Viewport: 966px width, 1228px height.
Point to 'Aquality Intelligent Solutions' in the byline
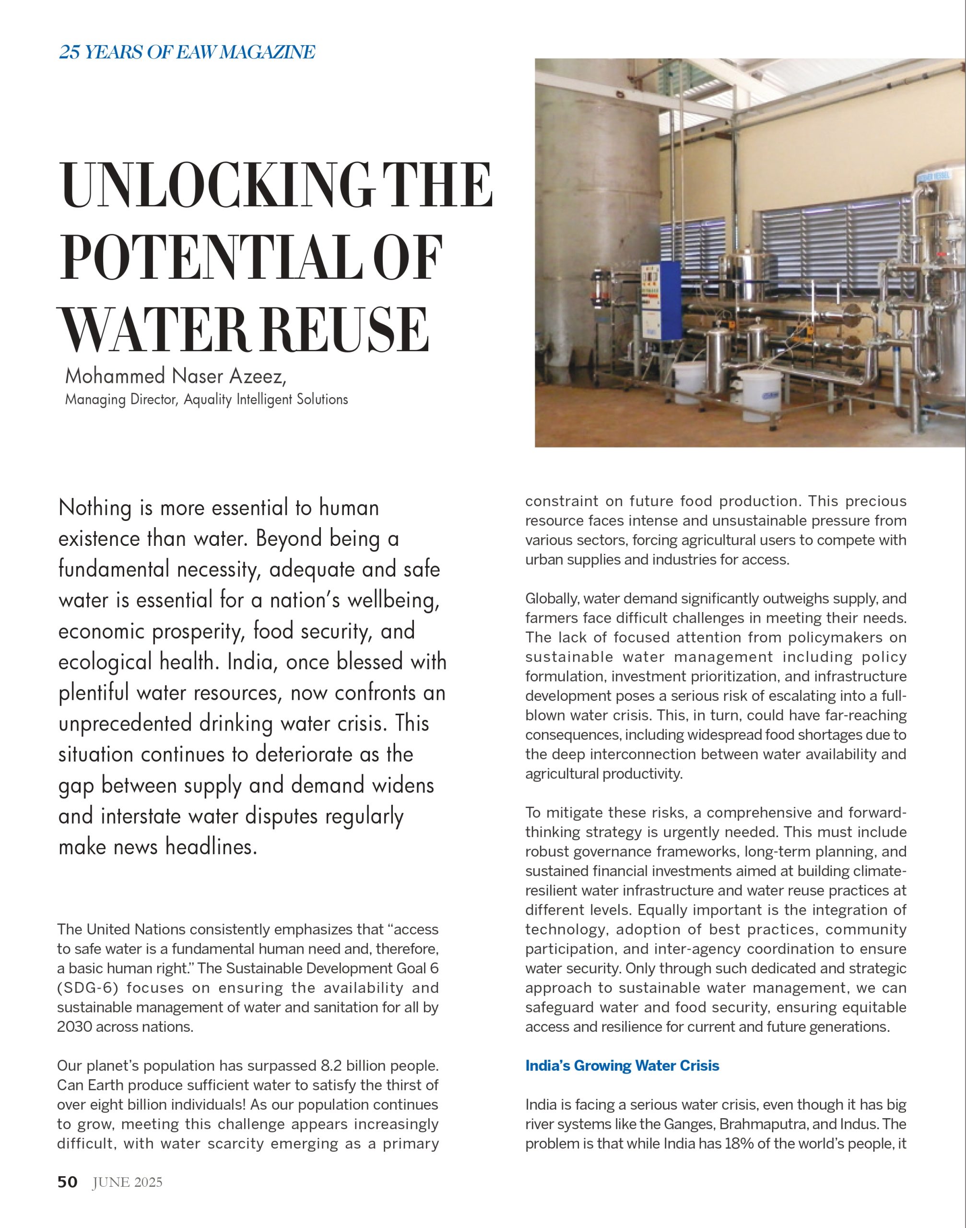pos(266,400)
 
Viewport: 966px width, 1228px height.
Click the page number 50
pos(67,1181)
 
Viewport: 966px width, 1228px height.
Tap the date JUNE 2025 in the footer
pos(127,1181)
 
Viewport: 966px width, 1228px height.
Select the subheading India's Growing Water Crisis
pos(622,1066)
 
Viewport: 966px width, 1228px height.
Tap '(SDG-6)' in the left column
pos(86,988)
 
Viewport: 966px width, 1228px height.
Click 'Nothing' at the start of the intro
pos(94,508)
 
